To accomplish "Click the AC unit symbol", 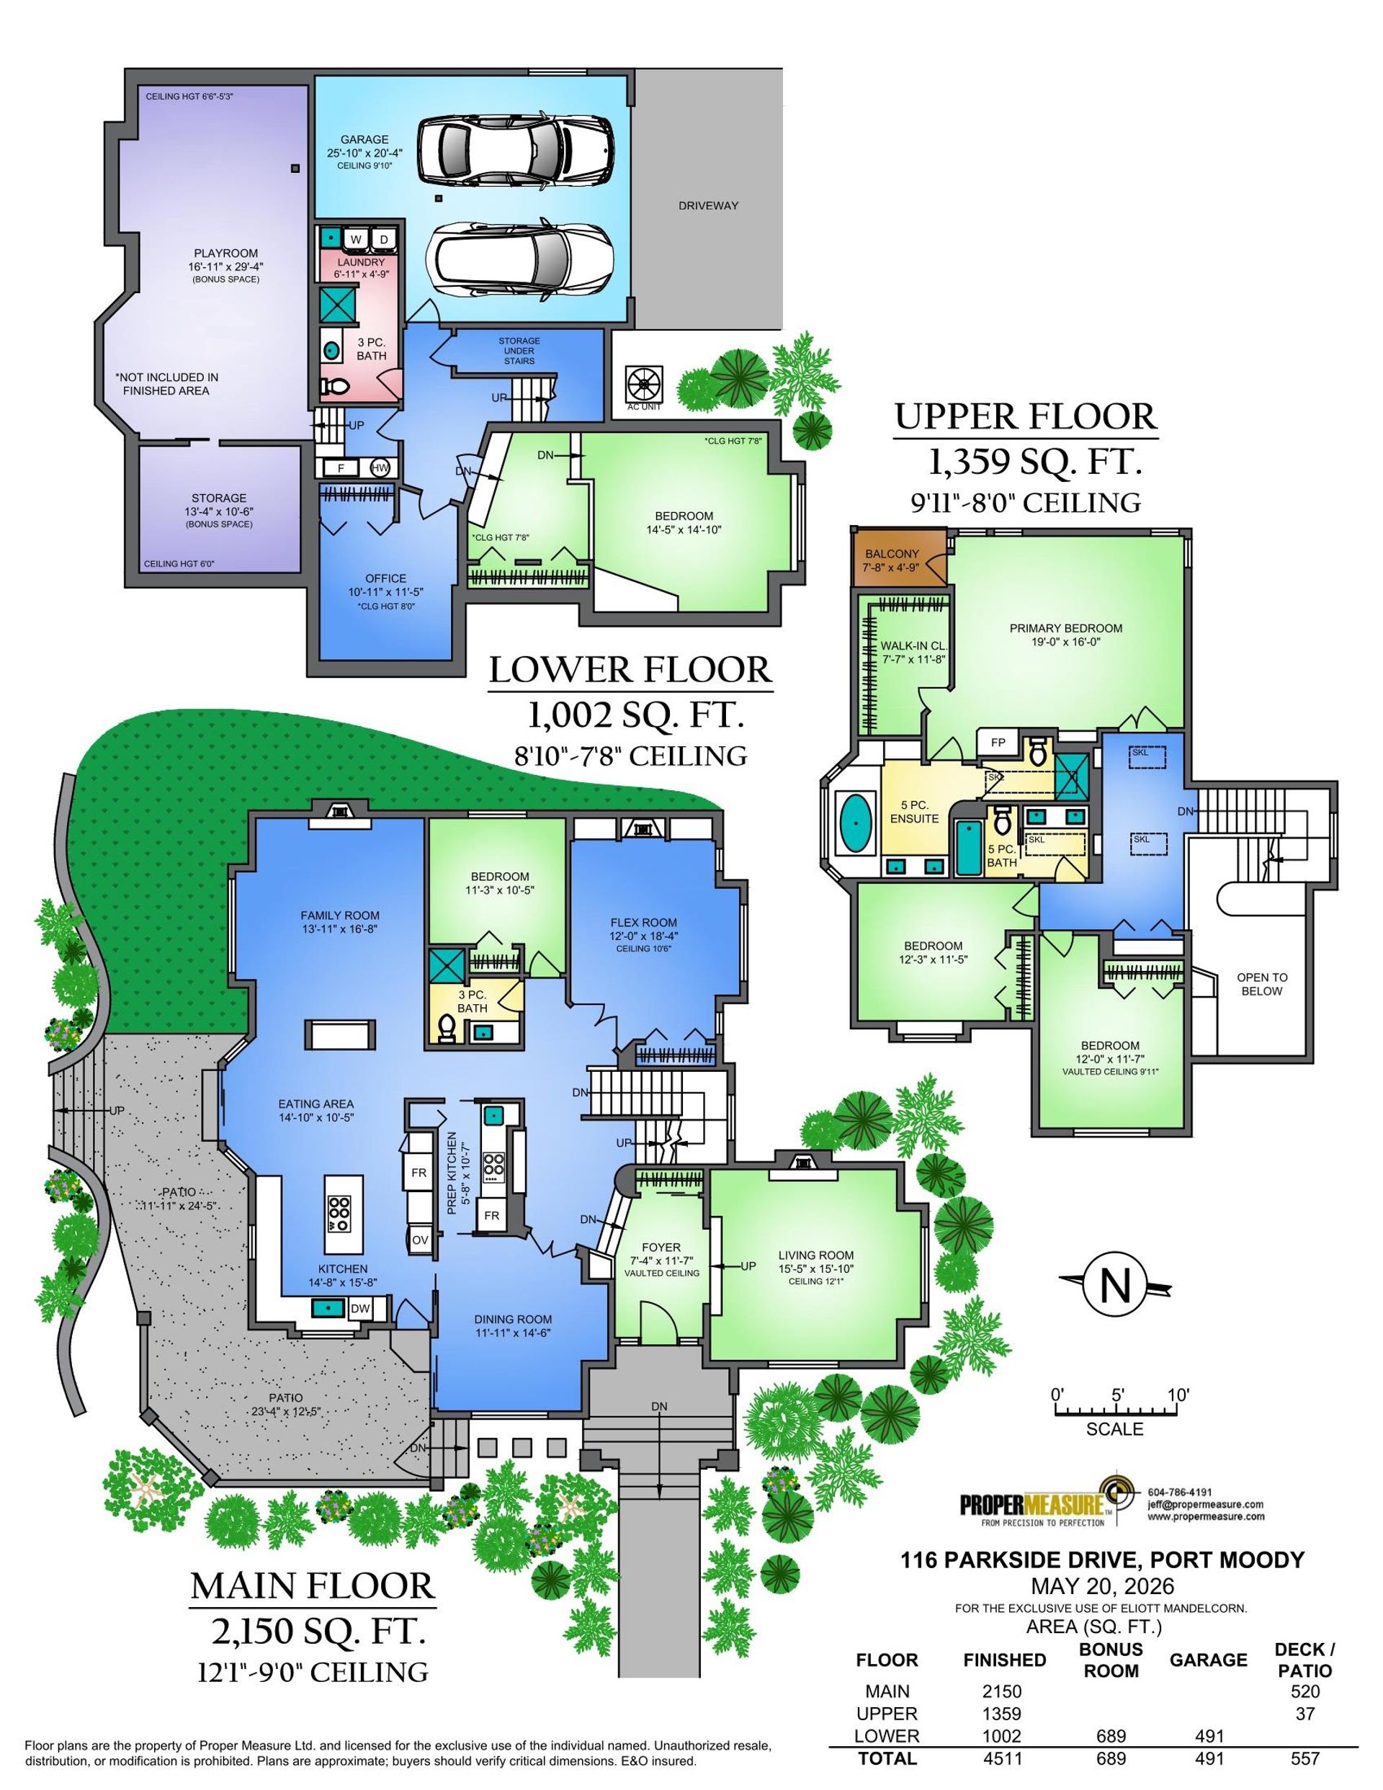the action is pyautogui.click(x=643, y=382).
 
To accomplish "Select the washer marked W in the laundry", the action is pyautogui.click(x=356, y=238).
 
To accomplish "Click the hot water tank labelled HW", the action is pyautogui.click(x=380, y=468).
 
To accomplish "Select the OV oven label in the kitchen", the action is pyautogui.click(x=420, y=1239).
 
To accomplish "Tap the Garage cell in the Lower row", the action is pyautogui.click(x=1207, y=1736).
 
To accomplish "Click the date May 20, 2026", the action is pyautogui.click(x=1103, y=1586).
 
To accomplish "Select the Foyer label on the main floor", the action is pyautogui.click(x=661, y=1248).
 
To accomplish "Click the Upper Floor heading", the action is pyautogui.click(x=1026, y=416).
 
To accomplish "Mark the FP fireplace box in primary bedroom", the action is pyautogui.click(x=998, y=743).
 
